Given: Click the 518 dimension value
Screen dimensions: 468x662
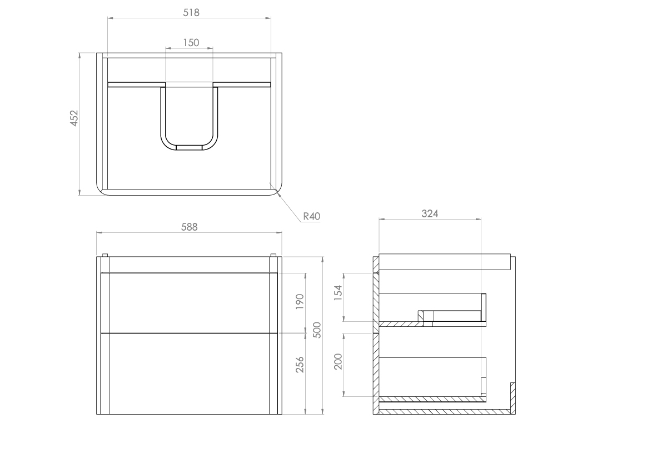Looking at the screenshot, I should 191,12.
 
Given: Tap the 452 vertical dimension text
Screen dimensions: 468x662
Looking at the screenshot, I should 74,119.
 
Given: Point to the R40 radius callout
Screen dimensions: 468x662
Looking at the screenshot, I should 312,217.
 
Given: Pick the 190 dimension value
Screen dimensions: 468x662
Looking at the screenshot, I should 300,302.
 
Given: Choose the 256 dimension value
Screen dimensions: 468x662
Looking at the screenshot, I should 300,364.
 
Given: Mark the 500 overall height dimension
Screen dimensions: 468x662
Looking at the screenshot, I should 318,330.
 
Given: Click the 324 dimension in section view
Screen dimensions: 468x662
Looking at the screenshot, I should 430,213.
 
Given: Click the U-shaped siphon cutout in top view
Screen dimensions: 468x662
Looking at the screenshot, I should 189,120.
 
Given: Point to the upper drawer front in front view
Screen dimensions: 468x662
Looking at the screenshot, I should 189,303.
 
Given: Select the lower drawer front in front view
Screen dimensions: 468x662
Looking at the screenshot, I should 189,374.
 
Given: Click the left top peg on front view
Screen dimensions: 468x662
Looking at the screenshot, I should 104,256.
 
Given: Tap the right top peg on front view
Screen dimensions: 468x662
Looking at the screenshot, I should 273,256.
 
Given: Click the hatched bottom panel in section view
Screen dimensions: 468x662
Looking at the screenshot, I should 445,411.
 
